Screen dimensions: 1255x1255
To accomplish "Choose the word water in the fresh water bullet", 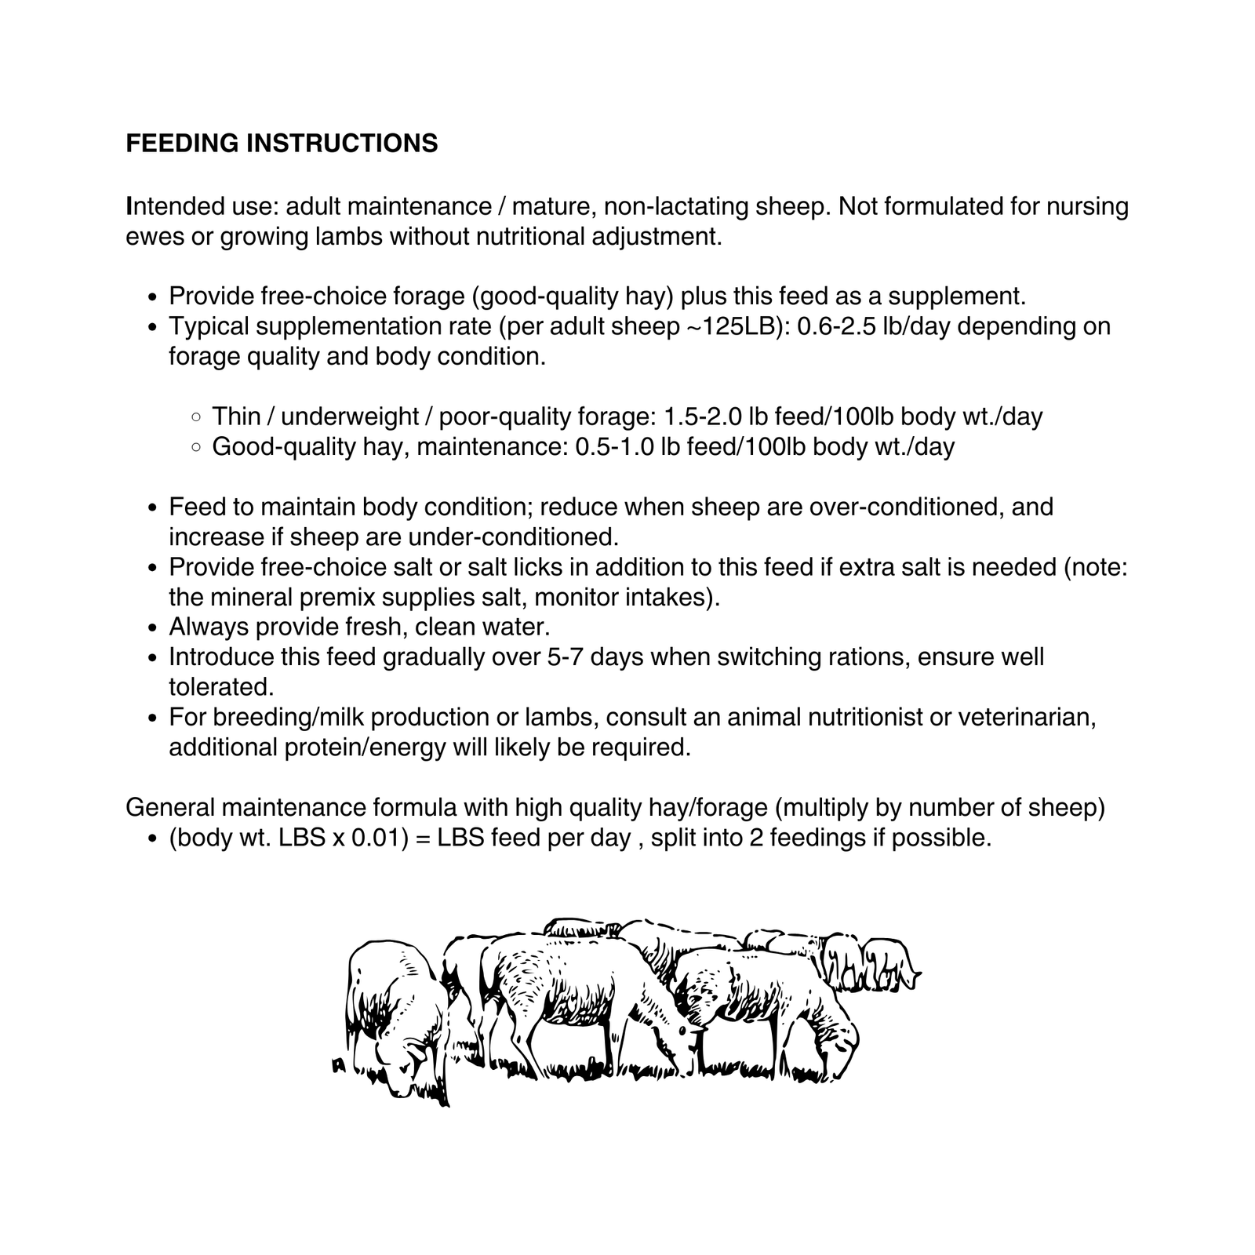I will click(513, 627).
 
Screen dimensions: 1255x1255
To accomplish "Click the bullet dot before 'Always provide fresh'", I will click(154, 628).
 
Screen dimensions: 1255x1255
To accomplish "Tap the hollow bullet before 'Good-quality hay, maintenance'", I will click(196, 447).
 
